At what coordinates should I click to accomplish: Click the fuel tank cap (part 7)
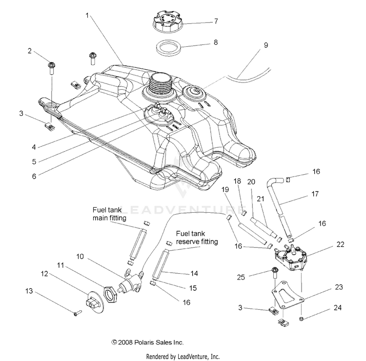[168, 22]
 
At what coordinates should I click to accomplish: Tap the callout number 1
[87, 16]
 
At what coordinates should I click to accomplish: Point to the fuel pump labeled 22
[291, 258]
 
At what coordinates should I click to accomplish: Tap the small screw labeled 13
[77, 313]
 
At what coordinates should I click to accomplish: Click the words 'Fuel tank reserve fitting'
[197, 238]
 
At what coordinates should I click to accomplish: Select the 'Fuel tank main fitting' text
[109, 214]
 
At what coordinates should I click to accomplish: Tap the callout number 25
[241, 277]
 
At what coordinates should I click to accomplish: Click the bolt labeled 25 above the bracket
[274, 273]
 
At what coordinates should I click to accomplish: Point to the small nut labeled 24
[302, 319]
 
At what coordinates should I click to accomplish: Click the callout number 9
[266, 45]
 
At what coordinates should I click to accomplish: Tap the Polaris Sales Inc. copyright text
[147, 342]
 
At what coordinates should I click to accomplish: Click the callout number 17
[315, 194]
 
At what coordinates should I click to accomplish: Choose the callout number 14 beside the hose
[194, 273]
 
